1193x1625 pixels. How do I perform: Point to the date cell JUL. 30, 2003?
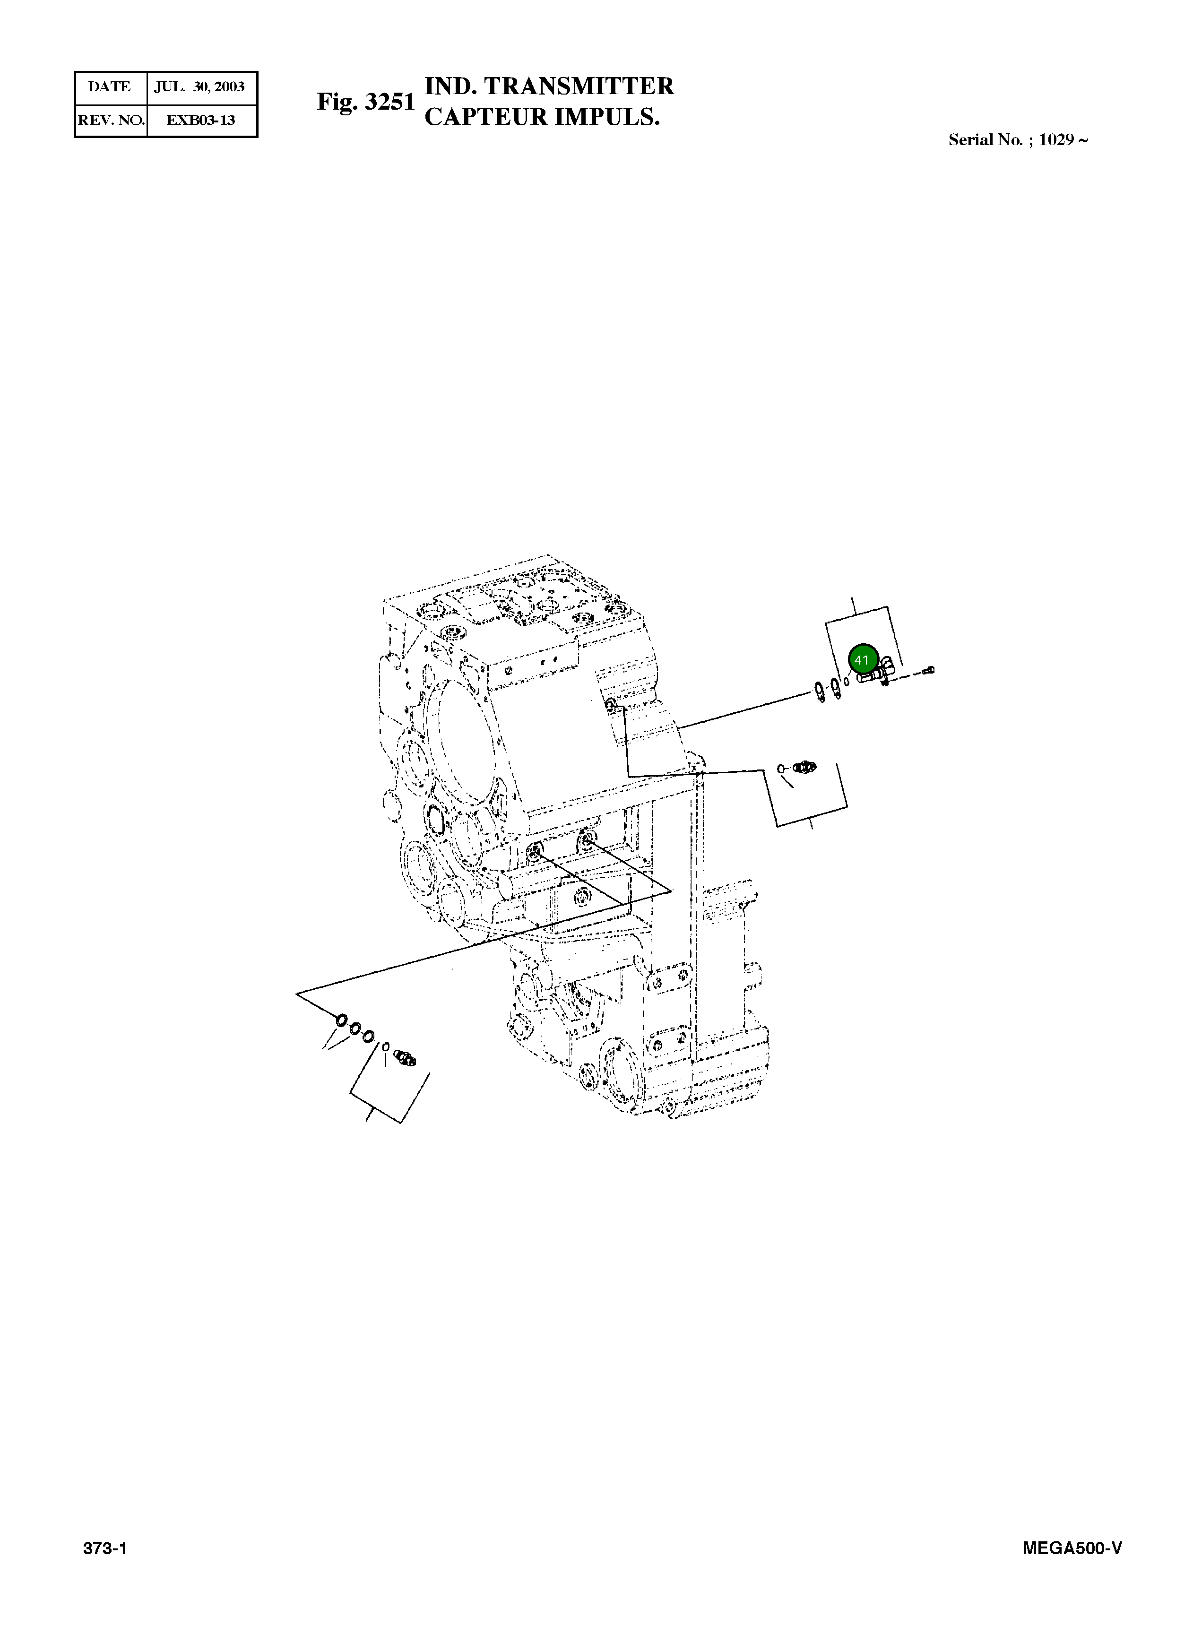click(x=200, y=87)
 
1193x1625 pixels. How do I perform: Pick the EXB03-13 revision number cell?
click(x=201, y=120)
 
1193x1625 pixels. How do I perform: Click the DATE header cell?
click(x=110, y=87)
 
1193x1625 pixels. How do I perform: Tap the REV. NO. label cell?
click(x=111, y=120)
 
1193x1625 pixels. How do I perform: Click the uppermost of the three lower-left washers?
click(x=341, y=1020)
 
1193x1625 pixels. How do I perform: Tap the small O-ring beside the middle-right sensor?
click(x=781, y=769)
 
